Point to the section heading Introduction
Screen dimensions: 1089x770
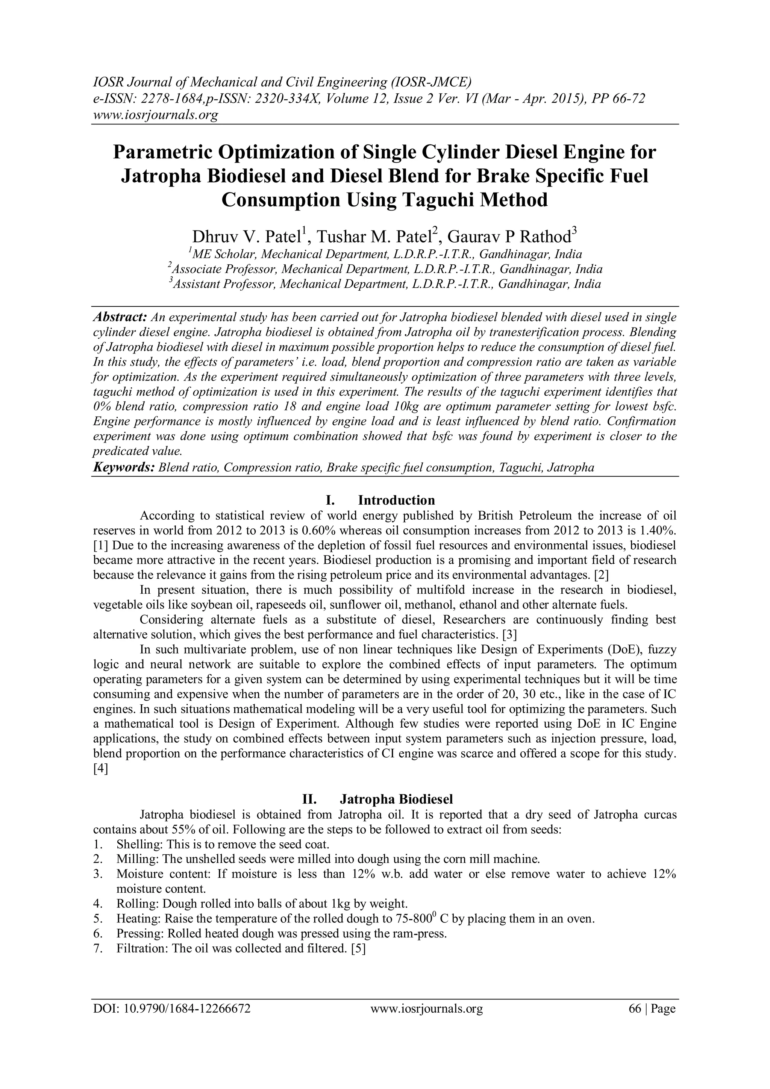coord(396,501)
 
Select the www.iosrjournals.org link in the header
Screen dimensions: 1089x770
coord(155,115)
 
